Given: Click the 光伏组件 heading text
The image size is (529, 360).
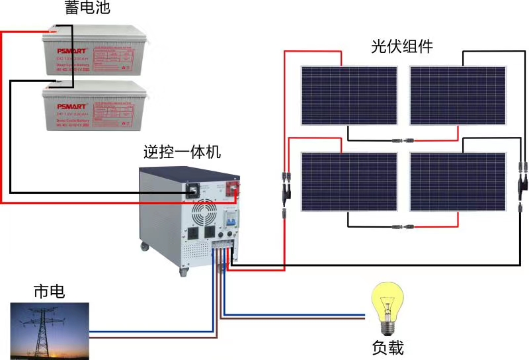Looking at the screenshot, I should tap(401, 46).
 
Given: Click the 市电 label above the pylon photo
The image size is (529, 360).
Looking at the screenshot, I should tap(49, 291).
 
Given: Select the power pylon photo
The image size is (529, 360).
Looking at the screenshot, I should tap(50, 331).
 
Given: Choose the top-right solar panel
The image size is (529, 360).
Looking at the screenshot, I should tap(458, 95).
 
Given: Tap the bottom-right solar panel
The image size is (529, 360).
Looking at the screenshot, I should tap(458, 181).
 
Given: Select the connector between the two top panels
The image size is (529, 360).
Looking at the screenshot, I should tap(403, 140).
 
